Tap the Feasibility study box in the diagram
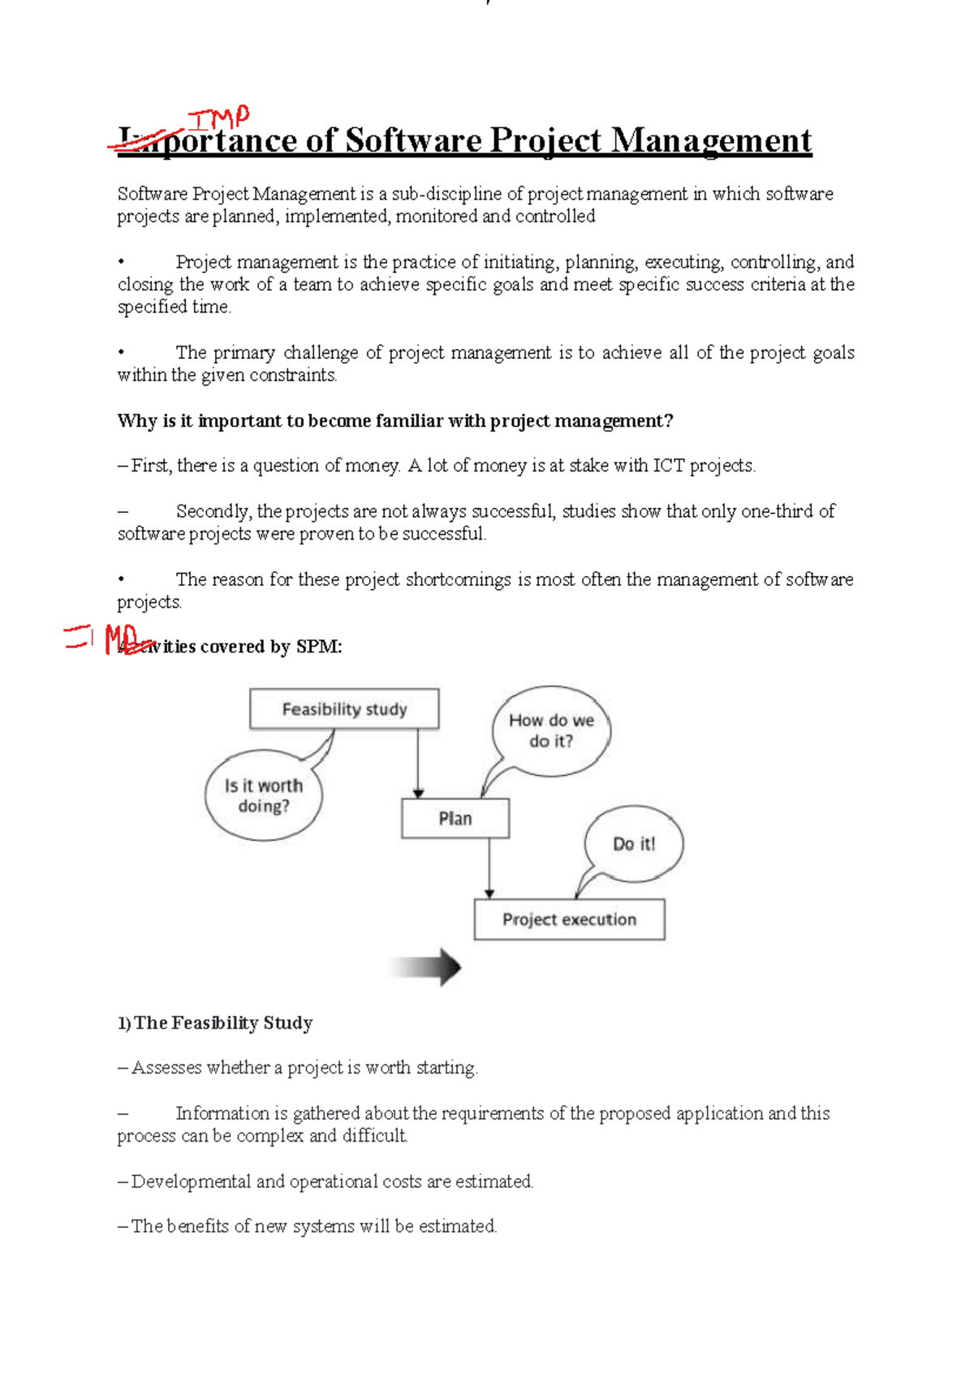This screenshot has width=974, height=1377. tap(344, 709)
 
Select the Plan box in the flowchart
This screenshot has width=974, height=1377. tap(455, 819)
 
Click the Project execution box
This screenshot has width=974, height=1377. tap(569, 919)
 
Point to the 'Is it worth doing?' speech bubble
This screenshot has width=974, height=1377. tap(263, 796)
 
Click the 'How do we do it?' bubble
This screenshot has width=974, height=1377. tap(551, 730)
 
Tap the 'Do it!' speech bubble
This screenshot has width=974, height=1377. tap(634, 844)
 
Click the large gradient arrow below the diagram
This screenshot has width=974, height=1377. tap(425, 967)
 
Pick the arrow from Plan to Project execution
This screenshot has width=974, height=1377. tap(489, 868)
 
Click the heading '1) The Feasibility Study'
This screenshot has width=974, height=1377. tap(215, 1023)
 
